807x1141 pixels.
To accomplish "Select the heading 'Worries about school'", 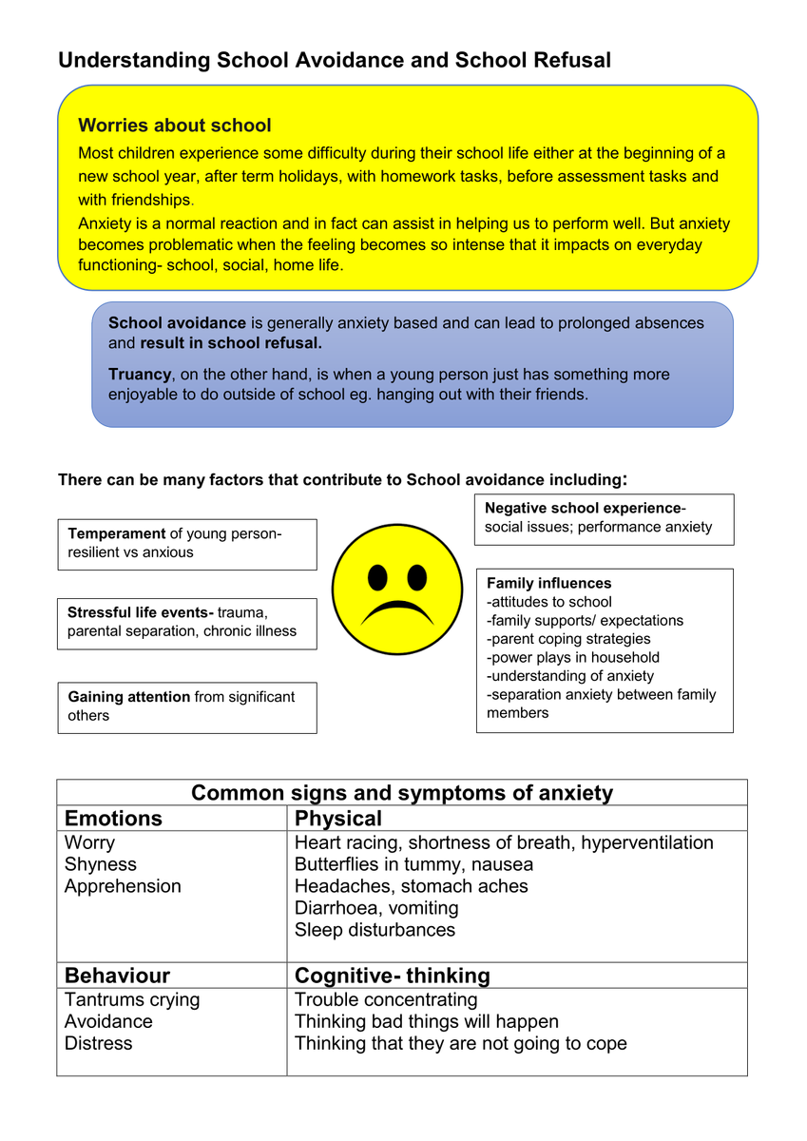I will (x=174, y=126).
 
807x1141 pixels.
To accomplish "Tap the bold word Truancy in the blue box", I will (x=140, y=375).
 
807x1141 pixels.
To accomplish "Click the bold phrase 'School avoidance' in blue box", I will (x=177, y=323).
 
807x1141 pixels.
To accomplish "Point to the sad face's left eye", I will (x=377, y=577).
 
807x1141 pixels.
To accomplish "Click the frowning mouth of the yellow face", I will (x=396, y=609).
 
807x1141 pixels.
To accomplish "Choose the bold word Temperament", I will (x=117, y=533).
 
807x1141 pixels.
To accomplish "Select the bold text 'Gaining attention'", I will (x=128, y=697).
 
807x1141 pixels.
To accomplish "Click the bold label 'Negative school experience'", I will (x=584, y=509).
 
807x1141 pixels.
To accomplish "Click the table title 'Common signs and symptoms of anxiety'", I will (x=402, y=793).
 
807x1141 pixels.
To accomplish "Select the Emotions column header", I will (x=113, y=819).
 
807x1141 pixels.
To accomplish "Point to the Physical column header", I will (x=338, y=819).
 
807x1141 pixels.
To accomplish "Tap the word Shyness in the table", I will (x=101, y=864).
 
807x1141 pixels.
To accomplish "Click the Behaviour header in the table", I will (x=117, y=976).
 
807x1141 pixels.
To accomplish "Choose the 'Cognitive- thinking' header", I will (x=393, y=976).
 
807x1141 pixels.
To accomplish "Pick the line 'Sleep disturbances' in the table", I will (x=375, y=930).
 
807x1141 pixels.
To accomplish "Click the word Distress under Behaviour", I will (x=99, y=1043).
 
